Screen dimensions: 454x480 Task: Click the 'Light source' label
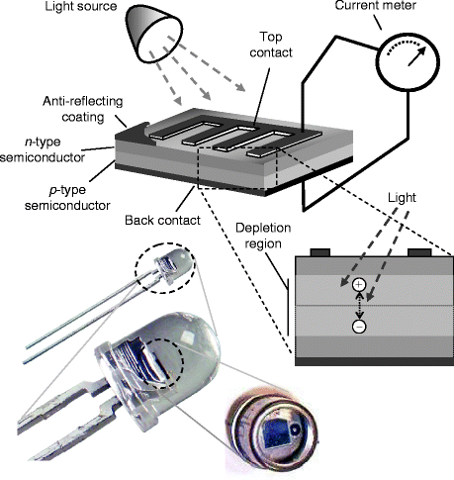tap(81, 6)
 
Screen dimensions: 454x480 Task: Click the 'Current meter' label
tap(376, 5)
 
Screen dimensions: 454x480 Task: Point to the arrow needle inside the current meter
tap(416, 56)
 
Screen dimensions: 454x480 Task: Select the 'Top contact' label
tap(271, 45)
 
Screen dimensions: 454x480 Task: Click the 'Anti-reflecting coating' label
tap(83, 109)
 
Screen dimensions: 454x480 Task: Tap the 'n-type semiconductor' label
tap(43, 149)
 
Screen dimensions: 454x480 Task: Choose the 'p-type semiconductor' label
tap(67, 198)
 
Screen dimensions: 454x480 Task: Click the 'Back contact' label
tap(162, 220)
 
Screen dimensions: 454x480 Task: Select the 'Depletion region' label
tap(263, 236)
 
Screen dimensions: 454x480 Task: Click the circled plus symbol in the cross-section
tap(359, 285)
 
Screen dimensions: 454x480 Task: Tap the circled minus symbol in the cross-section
tap(359, 326)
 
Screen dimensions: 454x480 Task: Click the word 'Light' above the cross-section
tap(402, 198)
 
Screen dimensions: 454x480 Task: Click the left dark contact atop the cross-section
tap(320, 252)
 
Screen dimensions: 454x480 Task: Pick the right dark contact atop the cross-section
tap(419, 252)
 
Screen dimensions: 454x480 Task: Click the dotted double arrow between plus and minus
tap(359, 306)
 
